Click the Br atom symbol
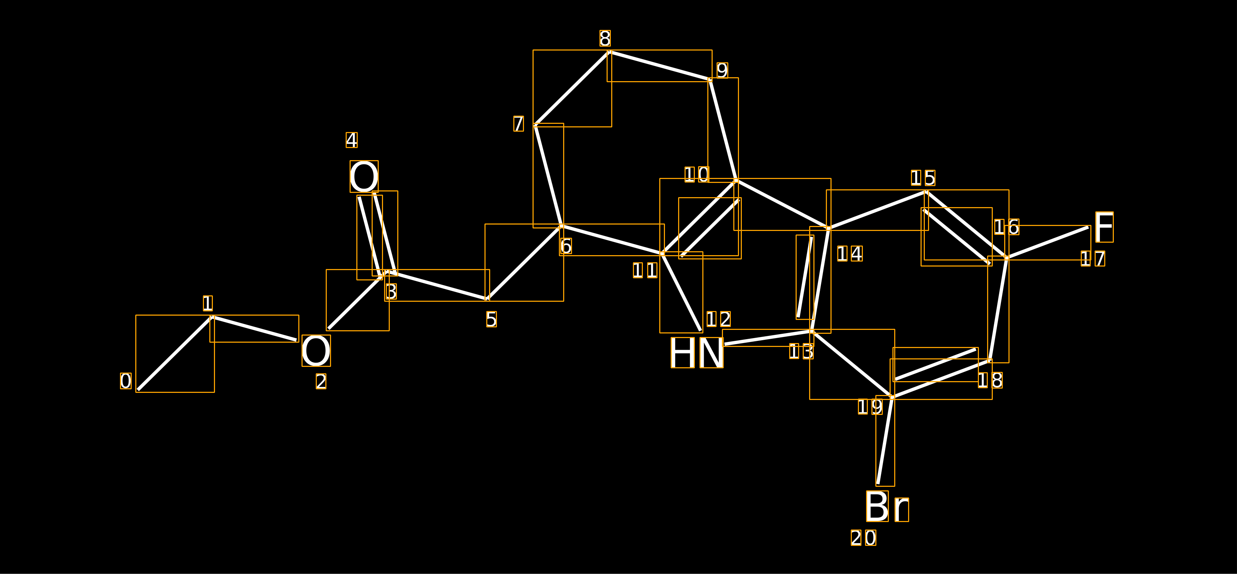887,506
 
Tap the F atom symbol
1104,227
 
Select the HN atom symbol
697,352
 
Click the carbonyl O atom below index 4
364,177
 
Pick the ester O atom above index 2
316,351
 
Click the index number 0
126,381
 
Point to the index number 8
605,38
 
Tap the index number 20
863,538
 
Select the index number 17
1093,259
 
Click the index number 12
718,319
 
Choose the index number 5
491,320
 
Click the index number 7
519,124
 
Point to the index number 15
923,178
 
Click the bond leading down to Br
885,441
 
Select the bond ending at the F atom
1047,242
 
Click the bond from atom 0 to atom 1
175,354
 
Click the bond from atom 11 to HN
681,292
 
